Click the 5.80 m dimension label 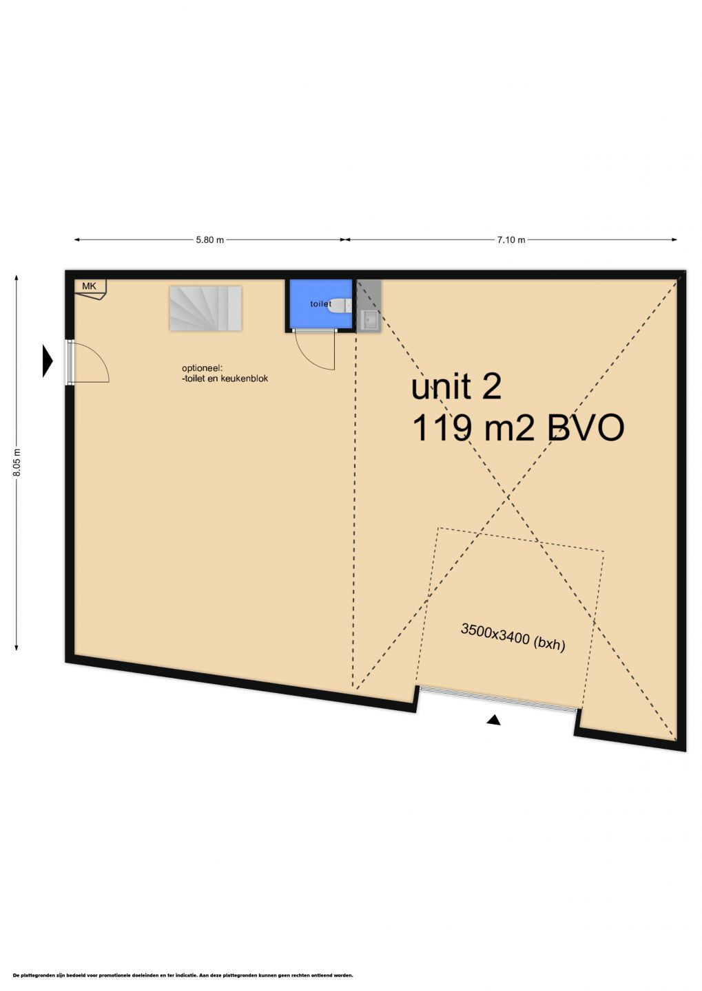point(209,240)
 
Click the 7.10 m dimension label point(511,240)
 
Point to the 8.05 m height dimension point(17,462)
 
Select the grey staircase point(205,308)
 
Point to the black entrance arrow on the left point(47,360)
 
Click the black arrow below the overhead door point(493,720)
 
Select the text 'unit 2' point(456,387)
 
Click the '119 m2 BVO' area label point(517,428)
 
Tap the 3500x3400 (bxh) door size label point(513,637)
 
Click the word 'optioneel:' point(203,367)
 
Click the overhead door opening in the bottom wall point(499,698)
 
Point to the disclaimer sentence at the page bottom point(183,975)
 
